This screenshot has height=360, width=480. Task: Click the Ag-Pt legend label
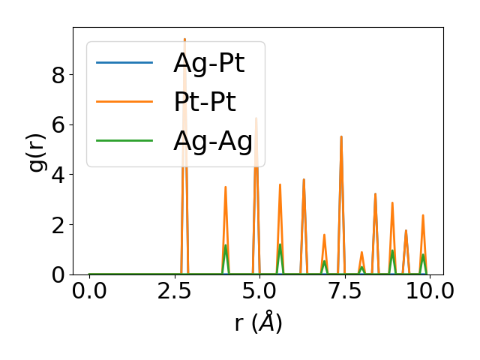point(208,63)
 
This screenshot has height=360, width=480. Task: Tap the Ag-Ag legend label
point(212,140)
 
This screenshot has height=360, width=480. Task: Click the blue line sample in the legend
point(124,62)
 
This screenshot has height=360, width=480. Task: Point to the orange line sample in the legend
point(124,101)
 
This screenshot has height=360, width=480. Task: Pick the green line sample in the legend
point(124,140)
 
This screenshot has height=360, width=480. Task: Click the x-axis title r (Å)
point(258,323)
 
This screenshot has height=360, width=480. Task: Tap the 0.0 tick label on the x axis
point(89,291)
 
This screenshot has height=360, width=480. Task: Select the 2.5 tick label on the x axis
point(174,291)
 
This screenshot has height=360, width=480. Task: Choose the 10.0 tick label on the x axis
point(425,291)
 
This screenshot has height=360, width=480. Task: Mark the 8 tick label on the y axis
point(58,74)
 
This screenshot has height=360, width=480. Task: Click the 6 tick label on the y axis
point(58,124)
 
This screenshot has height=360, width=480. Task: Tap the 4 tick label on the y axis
point(58,175)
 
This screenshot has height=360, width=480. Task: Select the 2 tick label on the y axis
point(58,225)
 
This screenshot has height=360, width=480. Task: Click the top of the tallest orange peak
point(184,39)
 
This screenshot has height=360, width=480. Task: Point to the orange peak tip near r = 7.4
point(341,136)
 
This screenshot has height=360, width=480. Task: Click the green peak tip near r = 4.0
point(225,245)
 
